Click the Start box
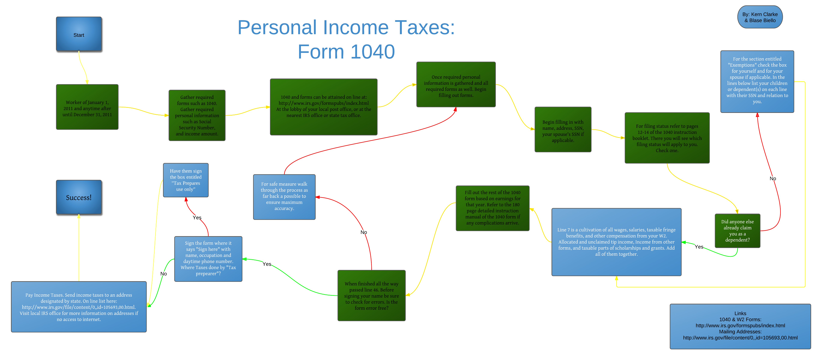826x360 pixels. (x=79, y=34)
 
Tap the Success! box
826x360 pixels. (x=79, y=197)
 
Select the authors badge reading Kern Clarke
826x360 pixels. (x=760, y=17)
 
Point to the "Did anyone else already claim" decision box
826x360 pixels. (x=738, y=231)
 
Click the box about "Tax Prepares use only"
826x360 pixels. (x=186, y=180)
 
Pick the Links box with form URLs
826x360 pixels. (x=740, y=326)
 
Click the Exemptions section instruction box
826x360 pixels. (x=757, y=81)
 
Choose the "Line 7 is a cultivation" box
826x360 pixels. (x=616, y=242)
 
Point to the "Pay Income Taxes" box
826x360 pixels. (x=79, y=307)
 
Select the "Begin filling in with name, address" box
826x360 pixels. (x=563, y=130)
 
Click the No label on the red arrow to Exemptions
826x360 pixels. (x=773, y=178)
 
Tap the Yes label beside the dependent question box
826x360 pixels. (x=699, y=247)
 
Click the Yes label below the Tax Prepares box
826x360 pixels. (x=197, y=218)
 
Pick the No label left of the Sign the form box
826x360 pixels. (x=164, y=274)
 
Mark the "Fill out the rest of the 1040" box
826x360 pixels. (x=493, y=208)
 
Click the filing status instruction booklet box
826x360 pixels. (x=667, y=138)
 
